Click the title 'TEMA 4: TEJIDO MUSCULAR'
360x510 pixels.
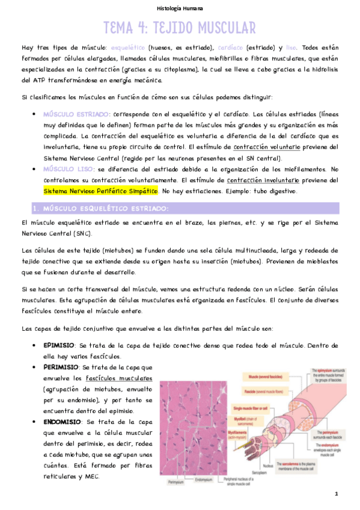(x=180, y=28)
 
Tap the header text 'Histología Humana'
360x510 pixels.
(x=180, y=8)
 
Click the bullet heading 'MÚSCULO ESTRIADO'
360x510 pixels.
(x=76, y=114)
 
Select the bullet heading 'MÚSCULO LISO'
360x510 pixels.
(x=66, y=169)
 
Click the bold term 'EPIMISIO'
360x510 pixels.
(x=59, y=346)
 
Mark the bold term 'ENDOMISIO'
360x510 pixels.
(x=62, y=421)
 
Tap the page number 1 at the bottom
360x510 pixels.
(x=337, y=494)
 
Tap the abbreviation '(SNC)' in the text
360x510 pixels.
(x=83, y=233)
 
